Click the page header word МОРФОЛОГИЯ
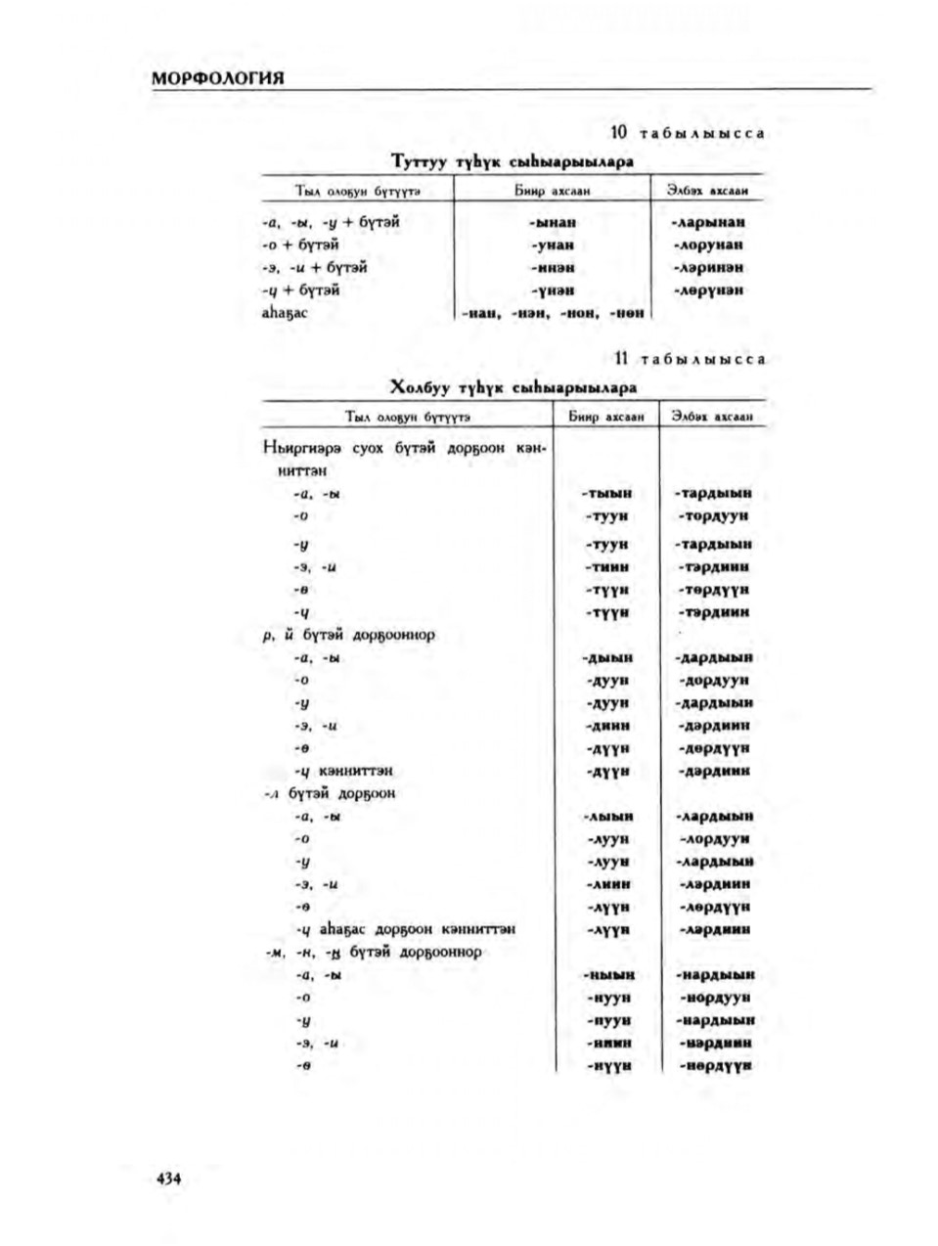pyautogui.click(x=218, y=78)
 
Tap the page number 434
pyautogui.click(x=169, y=1179)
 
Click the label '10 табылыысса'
pyautogui.click(x=687, y=133)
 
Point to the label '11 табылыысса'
pyautogui.click(x=689, y=359)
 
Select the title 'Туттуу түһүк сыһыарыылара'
pyautogui.click(x=512, y=160)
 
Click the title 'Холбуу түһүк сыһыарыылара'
pyautogui.click(x=513, y=387)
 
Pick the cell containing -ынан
pyautogui.click(x=553, y=222)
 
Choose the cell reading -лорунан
pyautogui.click(x=708, y=245)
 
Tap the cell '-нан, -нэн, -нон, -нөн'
pyautogui.click(x=553, y=313)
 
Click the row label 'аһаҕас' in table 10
pyautogui.click(x=284, y=313)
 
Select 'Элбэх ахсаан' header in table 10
pyautogui.click(x=708, y=191)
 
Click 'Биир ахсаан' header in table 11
pyautogui.click(x=607, y=417)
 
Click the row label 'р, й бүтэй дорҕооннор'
pyautogui.click(x=349, y=635)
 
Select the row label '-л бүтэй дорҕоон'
pyautogui.click(x=330, y=793)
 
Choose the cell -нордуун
pyautogui.click(x=715, y=998)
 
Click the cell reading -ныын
pyautogui.click(x=609, y=975)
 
